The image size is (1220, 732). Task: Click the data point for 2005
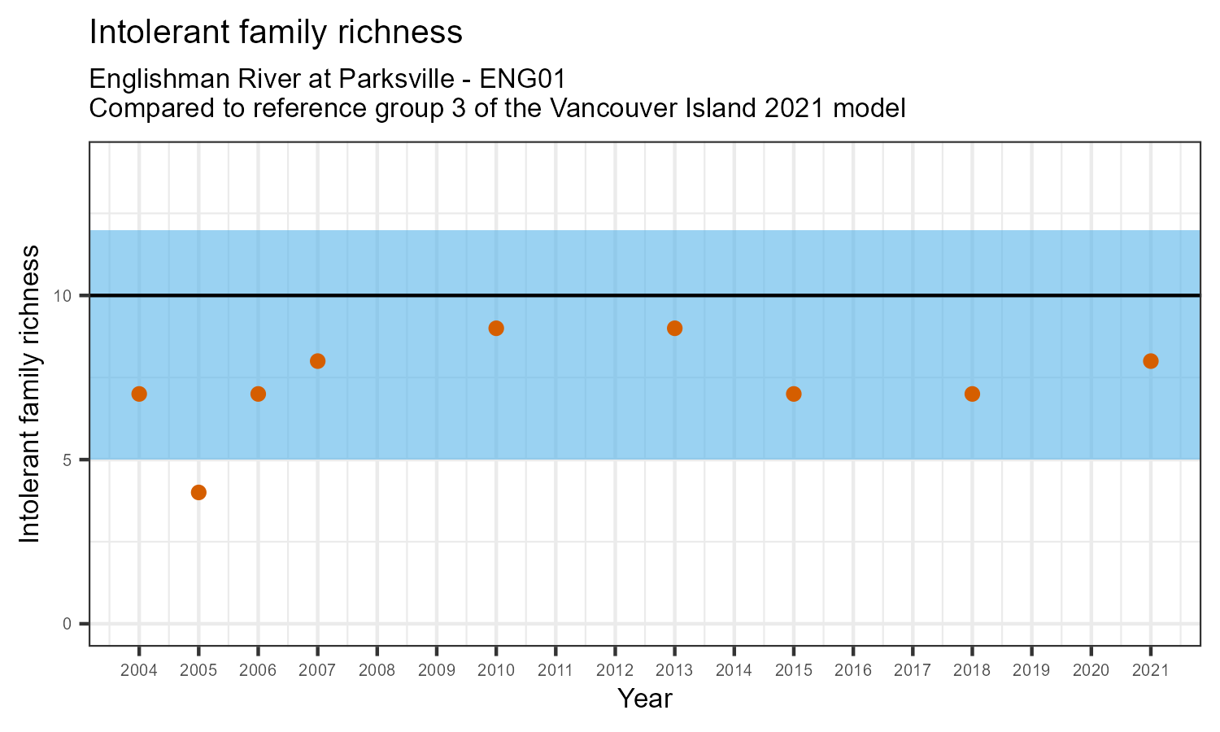(198, 492)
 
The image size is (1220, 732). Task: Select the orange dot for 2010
(496, 329)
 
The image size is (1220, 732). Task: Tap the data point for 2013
(674, 329)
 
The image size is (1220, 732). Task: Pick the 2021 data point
(1150, 361)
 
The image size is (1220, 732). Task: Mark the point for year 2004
(139, 394)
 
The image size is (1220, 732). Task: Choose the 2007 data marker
(317, 361)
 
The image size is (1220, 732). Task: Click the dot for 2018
(972, 394)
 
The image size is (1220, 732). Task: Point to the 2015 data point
(794, 394)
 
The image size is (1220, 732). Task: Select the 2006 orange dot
(258, 394)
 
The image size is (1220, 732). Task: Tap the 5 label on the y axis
(68, 460)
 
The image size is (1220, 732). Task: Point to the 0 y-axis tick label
(68, 624)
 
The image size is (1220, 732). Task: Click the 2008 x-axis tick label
(377, 670)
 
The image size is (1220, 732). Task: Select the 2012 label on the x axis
(615, 670)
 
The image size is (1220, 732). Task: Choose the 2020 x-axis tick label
(1091, 670)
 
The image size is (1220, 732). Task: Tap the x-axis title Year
(644, 699)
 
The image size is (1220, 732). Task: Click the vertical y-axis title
(29, 394)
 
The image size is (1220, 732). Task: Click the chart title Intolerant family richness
(276, 33)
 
